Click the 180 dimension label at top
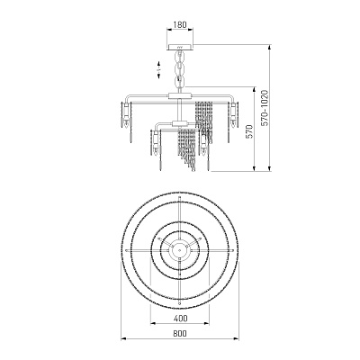(x=180, y=24)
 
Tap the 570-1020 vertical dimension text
(x=265, y=108)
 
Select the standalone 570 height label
(x=249, y=131)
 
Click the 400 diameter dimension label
(x=180, y=318)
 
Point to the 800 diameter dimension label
(x=180, y=334)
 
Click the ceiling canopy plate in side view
(x=180, y=47)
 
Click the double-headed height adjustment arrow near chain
(x=158, y=69)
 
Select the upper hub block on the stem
(x=180, y=96)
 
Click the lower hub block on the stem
(x=180, y=123)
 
